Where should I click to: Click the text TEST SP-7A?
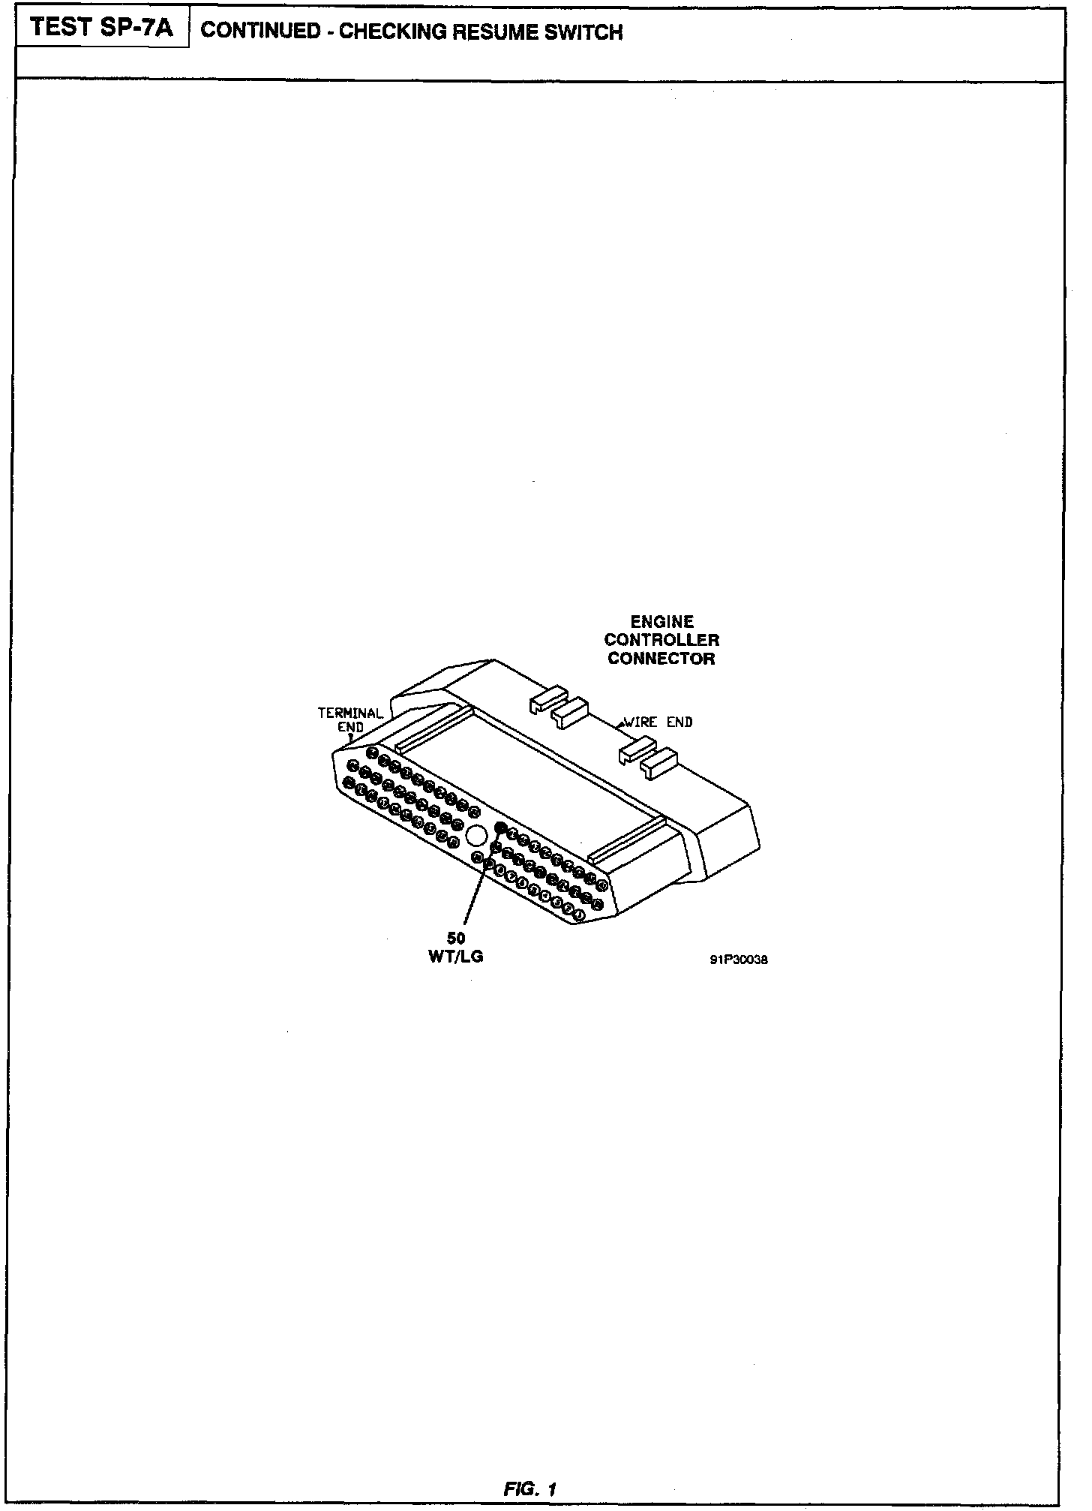click(102, 29)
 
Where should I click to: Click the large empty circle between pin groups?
click(476, 834)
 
